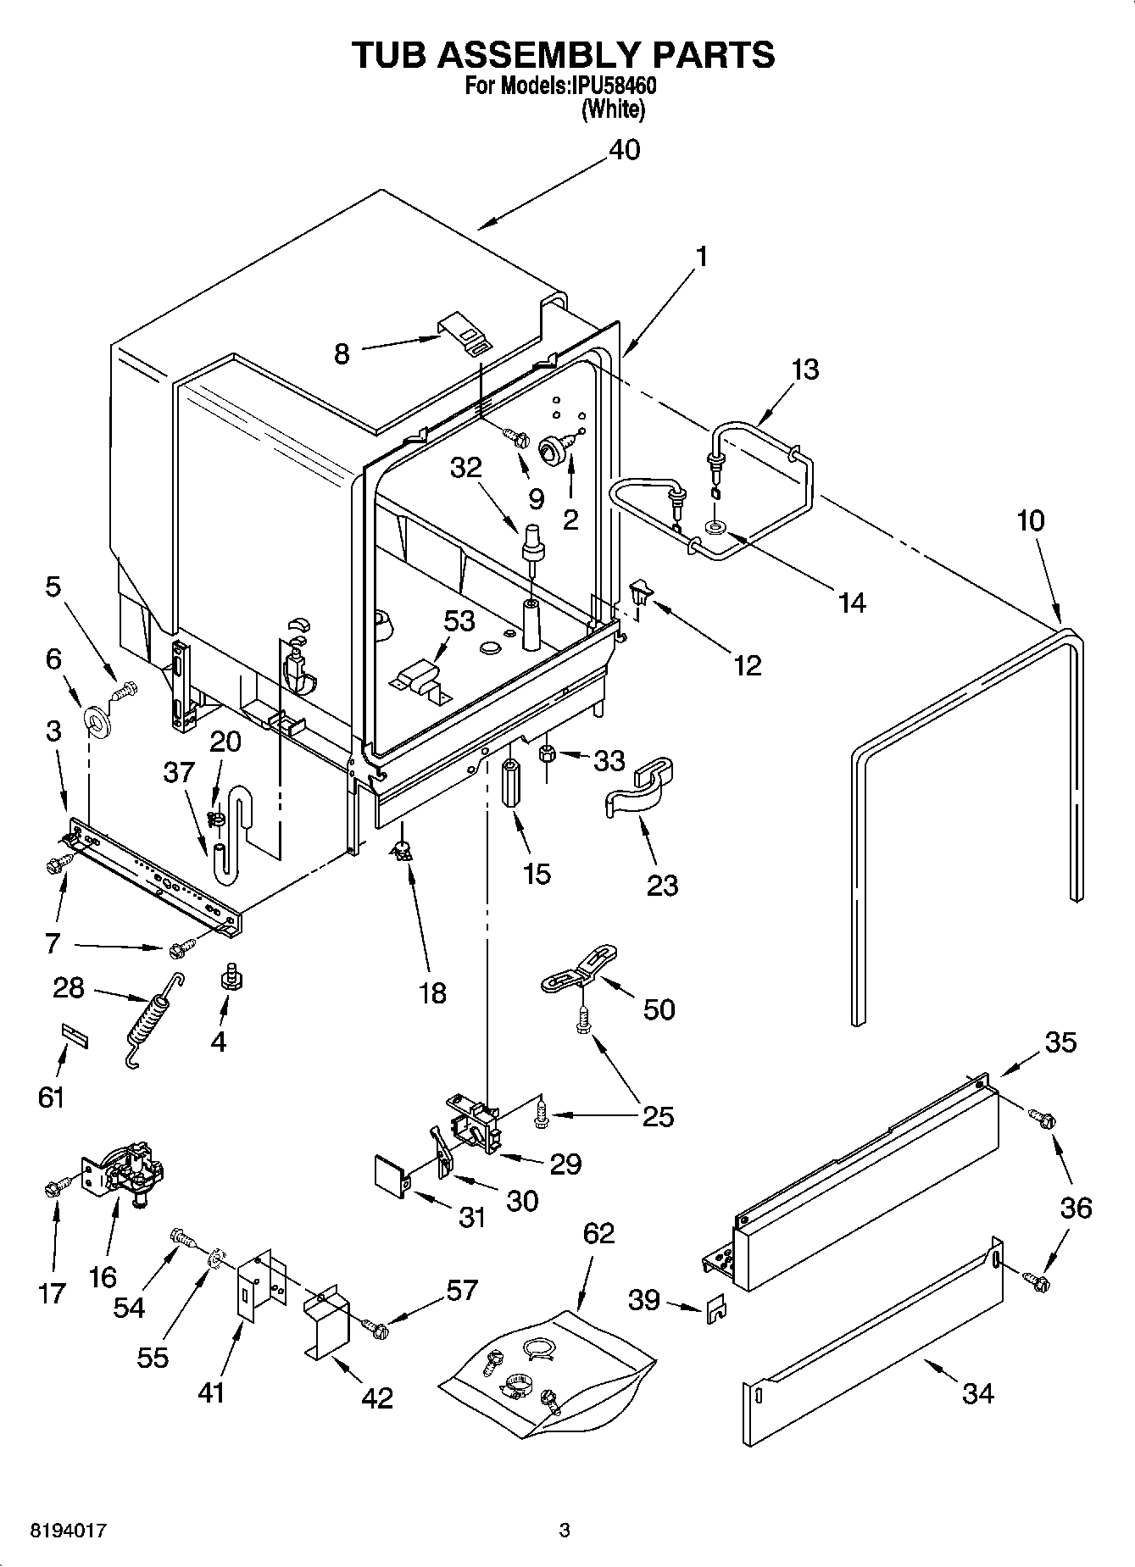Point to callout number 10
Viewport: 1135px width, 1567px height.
pos(1031,520)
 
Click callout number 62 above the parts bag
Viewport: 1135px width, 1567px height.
pos(598,1232)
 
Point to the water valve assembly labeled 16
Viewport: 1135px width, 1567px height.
pos(127,1171)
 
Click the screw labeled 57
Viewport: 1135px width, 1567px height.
pos(374,1329)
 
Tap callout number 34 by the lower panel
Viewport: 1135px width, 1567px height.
pos(977,1392)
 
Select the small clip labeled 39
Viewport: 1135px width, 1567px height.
pos(715,1309)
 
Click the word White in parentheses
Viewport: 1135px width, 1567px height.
pos(614,110)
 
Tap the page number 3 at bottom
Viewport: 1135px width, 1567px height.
pos(565,1531)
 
